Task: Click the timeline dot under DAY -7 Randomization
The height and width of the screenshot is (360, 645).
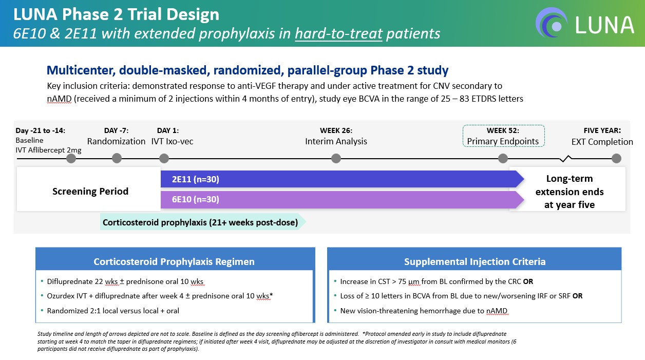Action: point(117,158)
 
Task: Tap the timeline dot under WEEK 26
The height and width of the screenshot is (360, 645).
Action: point(336,158)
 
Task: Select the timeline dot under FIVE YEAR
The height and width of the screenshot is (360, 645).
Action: point(616,158)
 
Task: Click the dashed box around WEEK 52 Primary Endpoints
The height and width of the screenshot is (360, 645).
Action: point(503,136)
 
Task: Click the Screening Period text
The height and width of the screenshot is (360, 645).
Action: point(90,192)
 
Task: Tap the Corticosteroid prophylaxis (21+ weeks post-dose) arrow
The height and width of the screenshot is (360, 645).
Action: point(200,222)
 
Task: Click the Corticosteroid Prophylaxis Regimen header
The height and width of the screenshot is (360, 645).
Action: point(174,261)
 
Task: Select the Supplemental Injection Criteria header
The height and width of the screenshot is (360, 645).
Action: point(475,261)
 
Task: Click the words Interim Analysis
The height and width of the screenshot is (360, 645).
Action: point(336,141)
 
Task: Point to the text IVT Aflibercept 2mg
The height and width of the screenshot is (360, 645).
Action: point(48,150)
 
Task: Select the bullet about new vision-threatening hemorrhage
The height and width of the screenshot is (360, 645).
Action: point(424,310)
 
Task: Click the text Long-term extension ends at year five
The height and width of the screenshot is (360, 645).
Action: point(569,192)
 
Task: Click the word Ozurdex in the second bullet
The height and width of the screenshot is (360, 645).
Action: point(61,296)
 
